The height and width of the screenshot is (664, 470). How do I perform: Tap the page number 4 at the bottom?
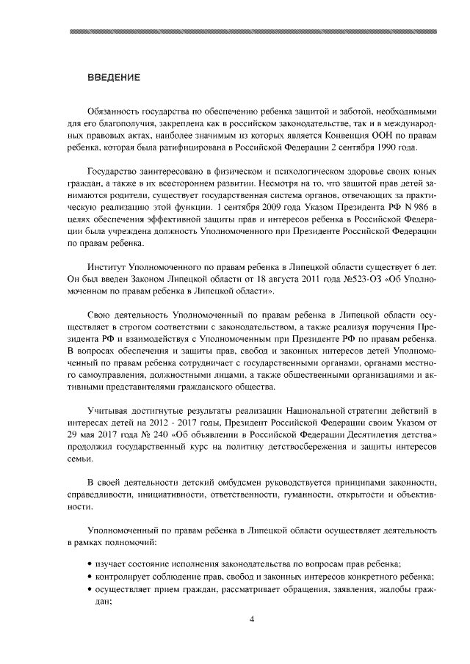tap(252, 619)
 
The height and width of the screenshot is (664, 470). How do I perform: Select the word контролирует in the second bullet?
tap(124, 576)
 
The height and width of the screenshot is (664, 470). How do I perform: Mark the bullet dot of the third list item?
tap(90, 588)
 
